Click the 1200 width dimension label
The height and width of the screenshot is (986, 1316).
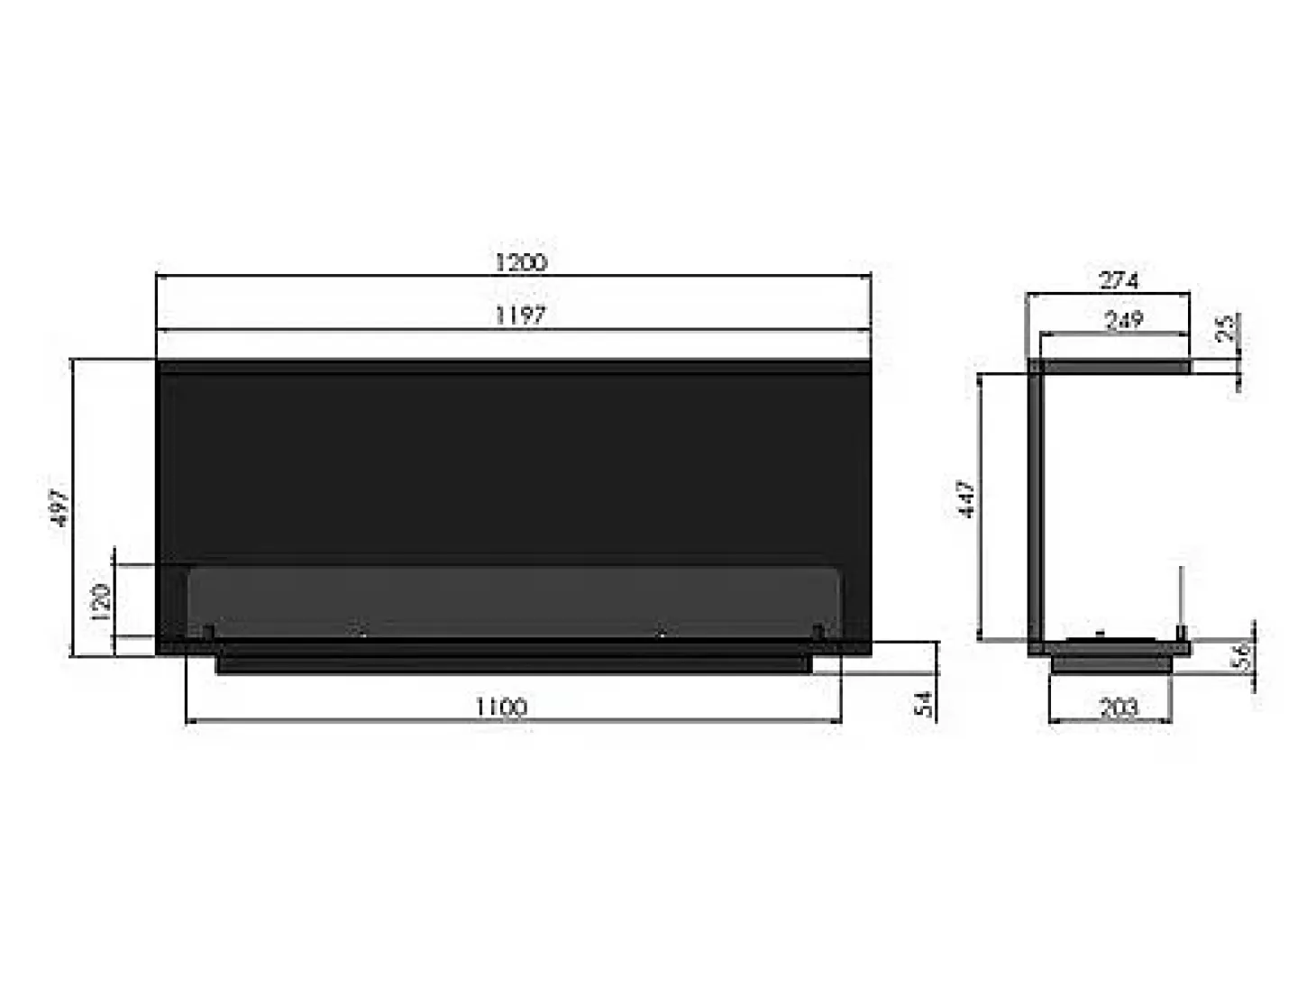point(520,262)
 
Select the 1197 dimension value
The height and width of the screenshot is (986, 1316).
point(520,315)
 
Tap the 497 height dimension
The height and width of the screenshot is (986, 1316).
point(60,507)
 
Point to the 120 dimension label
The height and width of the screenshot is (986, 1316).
point(101,601)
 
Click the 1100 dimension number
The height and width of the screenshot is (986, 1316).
point(501,707)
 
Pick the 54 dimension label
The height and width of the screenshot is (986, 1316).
point(924,704)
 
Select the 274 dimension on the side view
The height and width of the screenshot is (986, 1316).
point(1119,280)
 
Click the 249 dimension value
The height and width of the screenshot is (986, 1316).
point(1123,320)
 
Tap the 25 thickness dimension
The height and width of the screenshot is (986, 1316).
point(1227,328)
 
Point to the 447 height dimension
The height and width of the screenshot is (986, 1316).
point(966,498)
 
